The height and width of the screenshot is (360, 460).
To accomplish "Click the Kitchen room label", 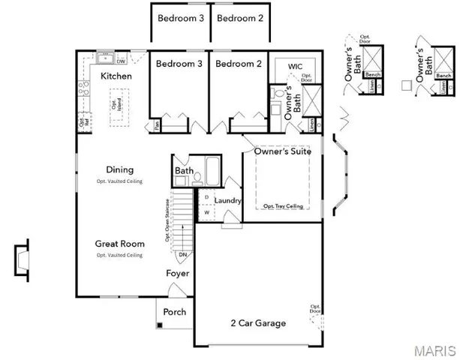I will pyautogui.click(x=116, y=76).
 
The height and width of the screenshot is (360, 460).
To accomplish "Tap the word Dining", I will pyautogui.click(x=119, y=169).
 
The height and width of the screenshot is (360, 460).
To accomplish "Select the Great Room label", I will pyautogui.click(x=119, y=243).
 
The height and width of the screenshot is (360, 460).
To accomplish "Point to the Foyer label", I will pyautogui.click(x=177, y=274).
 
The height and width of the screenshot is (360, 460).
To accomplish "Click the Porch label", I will pyautogui.click(x=174, y=312).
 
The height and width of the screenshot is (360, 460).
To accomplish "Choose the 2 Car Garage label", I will pyautogui.click(x=257, y=323).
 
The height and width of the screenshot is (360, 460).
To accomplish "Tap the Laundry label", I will pyautogui.click(x=227, y=201).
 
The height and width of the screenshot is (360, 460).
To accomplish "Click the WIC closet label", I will pyautogui.click(x=295, y=67).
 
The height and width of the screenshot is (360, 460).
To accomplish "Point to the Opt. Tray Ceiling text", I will pyautogui.click(x=283, y=205).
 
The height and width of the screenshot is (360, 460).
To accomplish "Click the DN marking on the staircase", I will pyautogui.click(x=182, y=256).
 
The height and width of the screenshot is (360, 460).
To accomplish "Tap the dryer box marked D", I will pyautogui.click(x=206, y=197).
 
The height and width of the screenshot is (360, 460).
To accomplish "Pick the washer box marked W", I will pyautogui.click(x=206, y=213).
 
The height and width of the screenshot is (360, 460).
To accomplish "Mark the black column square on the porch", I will pyautogui.click(x=160, y=325).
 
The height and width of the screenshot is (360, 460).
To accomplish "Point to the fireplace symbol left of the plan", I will pyautogui.click(x=23, y=259).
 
